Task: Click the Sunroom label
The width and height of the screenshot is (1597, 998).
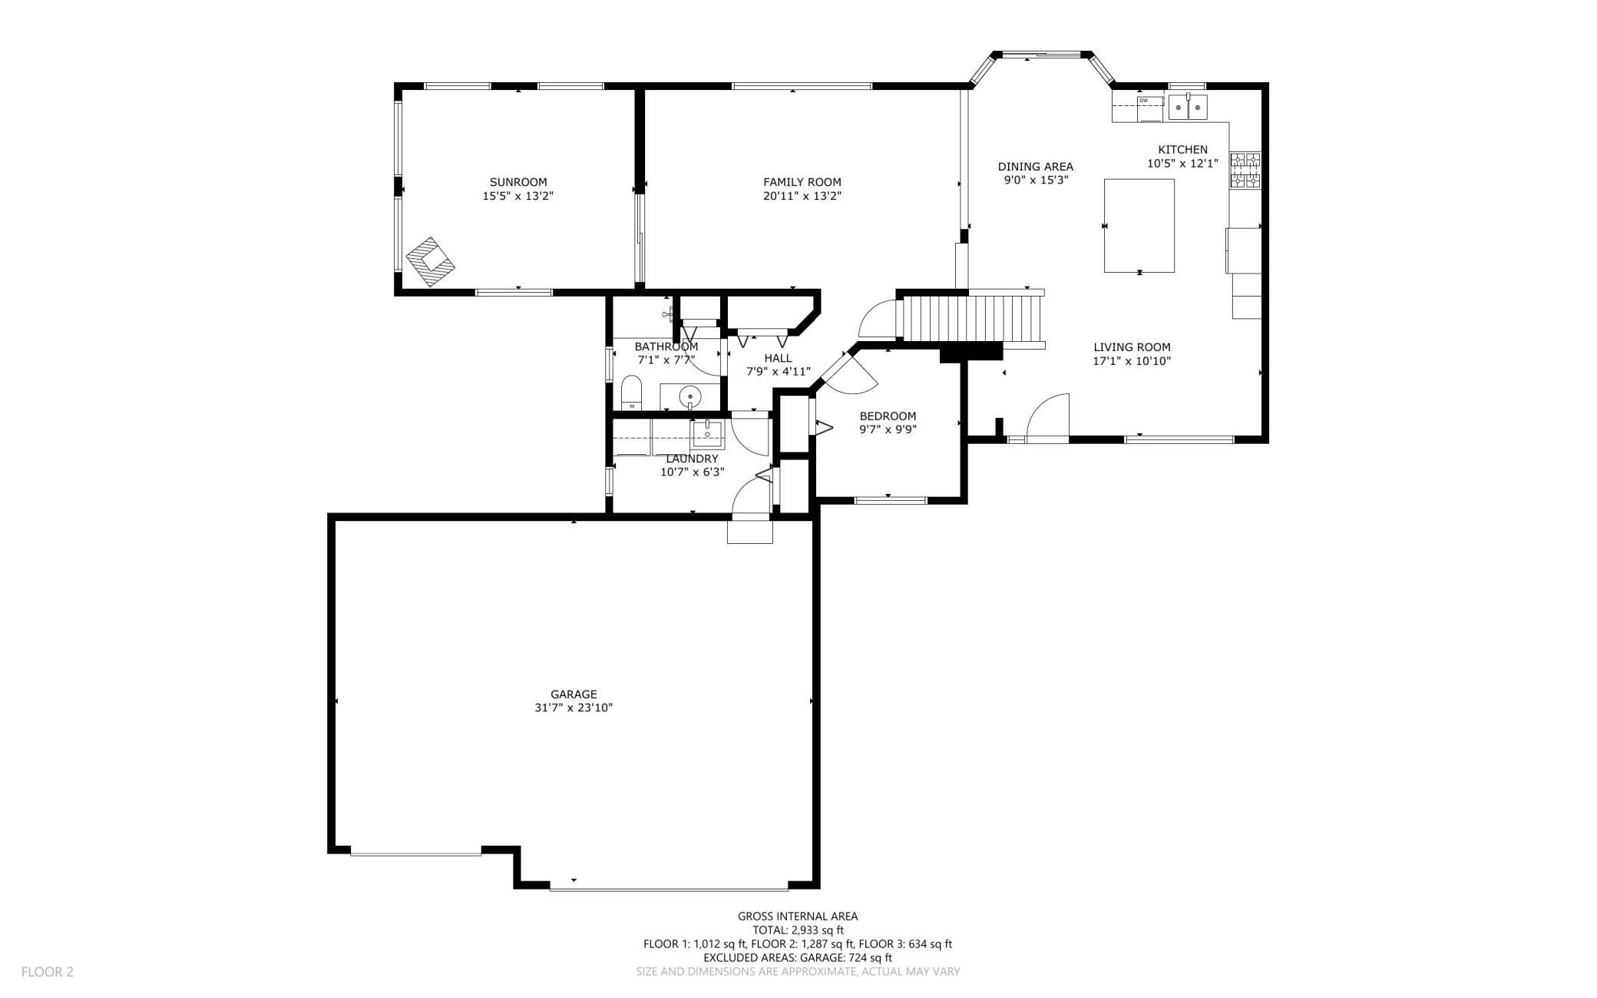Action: click(518, 182)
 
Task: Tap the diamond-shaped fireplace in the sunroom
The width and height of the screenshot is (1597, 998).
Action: click(430, 261)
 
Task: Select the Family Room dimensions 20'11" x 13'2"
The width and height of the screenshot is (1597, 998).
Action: click(802, 196)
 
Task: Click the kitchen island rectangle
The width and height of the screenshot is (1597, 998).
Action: click(1139, 225)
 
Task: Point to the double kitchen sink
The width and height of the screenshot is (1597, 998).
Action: click(1188, 108)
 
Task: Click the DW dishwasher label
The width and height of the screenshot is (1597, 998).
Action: click(1143, 101)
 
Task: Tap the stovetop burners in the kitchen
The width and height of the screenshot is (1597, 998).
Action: click(1245, 171)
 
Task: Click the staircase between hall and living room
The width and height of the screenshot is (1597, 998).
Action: click(971, 319)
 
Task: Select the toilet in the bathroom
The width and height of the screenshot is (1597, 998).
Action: click(631, 393)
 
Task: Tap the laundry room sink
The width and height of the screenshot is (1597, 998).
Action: click(707, 434)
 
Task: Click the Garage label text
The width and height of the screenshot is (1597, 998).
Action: click(574, 695)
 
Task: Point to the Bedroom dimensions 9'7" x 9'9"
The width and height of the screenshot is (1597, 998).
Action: click(888, 430)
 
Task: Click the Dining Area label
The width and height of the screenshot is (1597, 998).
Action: click(1035, 167)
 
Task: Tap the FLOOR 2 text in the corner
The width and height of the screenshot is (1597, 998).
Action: click(48, 972)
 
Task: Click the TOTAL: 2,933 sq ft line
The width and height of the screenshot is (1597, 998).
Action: click(798, 930)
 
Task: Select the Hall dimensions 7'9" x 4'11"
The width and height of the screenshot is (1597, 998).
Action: click(779, 372)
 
